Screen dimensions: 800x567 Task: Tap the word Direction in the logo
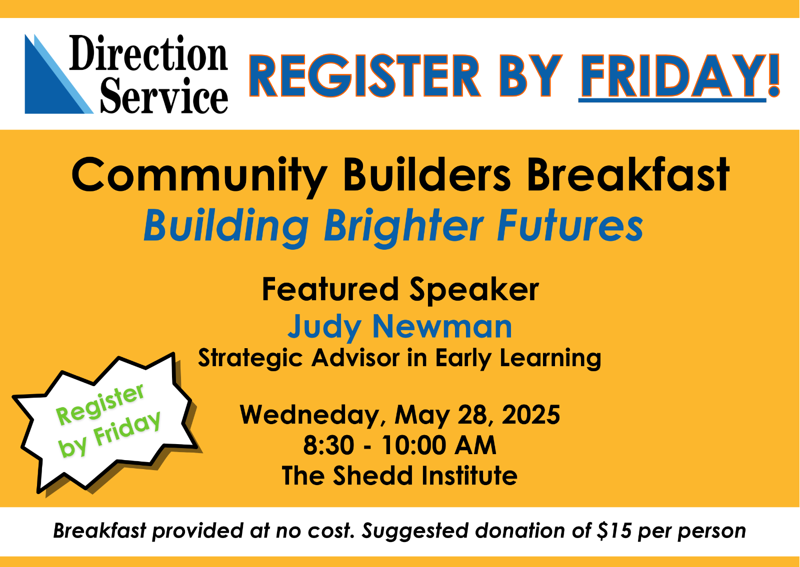[x=148, y=53]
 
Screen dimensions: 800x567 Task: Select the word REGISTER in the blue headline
[x=364, y=75]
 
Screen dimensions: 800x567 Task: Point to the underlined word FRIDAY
[x=672, y=77]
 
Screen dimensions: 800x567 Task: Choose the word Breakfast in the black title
[x=628, y=175]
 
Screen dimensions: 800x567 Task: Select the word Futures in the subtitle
[x=570, y=225]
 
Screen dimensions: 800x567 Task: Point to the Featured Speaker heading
[x=400, y=290]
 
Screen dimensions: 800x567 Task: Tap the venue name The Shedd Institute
[x=399, y=476]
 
